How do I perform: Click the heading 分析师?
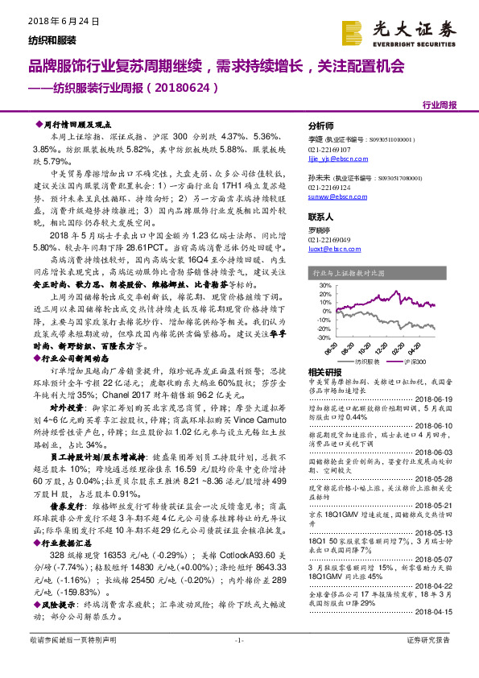coord(322,126)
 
